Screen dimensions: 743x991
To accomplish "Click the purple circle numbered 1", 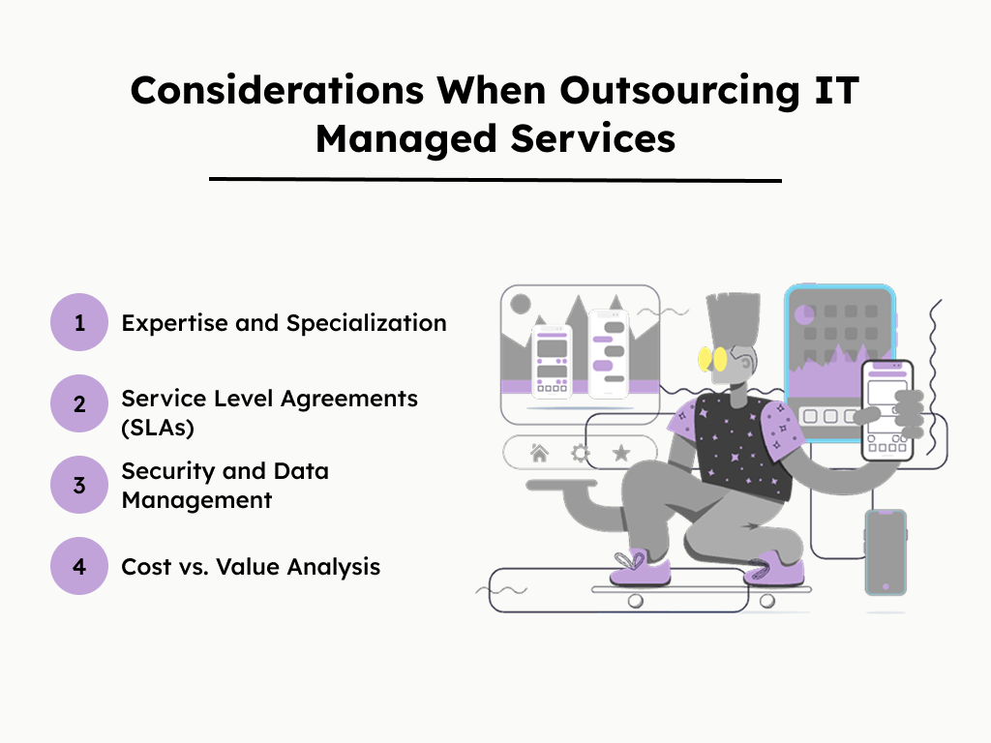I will (79, 322).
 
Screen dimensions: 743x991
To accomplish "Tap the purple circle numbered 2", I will (79, 403).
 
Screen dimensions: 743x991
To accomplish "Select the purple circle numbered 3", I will (79, 485).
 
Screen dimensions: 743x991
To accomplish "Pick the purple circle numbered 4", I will (79, 566).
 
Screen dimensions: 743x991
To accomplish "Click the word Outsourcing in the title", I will (646, 90).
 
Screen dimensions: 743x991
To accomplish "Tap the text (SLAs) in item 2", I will (158, 427).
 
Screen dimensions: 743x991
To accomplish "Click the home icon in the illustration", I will (539, 453).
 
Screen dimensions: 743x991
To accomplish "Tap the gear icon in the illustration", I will (581, 453).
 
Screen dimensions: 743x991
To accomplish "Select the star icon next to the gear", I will (621, 453).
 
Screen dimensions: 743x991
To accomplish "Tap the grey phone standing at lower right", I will (885, 551).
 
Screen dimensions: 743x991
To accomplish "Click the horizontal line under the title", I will (495, 180).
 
